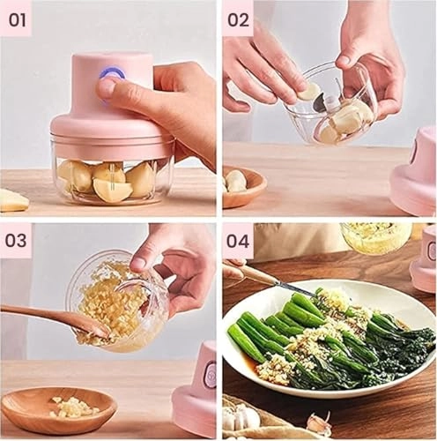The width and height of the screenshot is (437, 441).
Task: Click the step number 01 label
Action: tap(17, 18)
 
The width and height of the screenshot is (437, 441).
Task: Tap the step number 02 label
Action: tap(238, 18)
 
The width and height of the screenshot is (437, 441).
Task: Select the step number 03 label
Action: tap(17, 240)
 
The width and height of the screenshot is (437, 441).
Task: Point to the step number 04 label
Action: tap(238, 240)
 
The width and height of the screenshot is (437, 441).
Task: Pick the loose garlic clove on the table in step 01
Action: tap(12, 201)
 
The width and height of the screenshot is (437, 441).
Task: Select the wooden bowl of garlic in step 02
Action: tap(241, 186)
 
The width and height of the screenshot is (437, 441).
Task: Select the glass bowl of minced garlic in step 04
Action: tap(375, 236)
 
